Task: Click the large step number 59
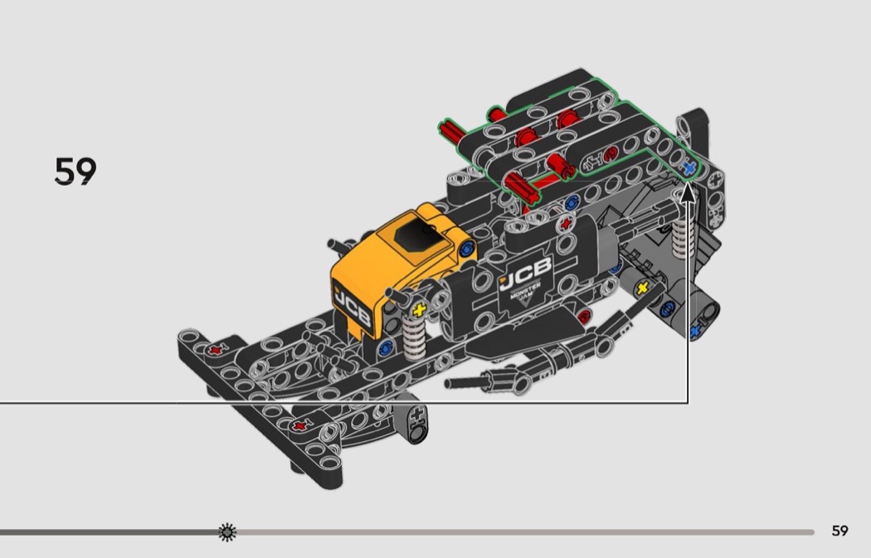[x=75, y=171]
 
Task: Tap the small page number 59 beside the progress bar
[x=839, y=531]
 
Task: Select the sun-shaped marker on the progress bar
[x=227, y=532]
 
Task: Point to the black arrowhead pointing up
[x=688, y=192]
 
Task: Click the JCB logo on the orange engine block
[x=353, y=307]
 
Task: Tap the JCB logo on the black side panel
[x=525, y=273]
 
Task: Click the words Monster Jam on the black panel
[x=525, y=294]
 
